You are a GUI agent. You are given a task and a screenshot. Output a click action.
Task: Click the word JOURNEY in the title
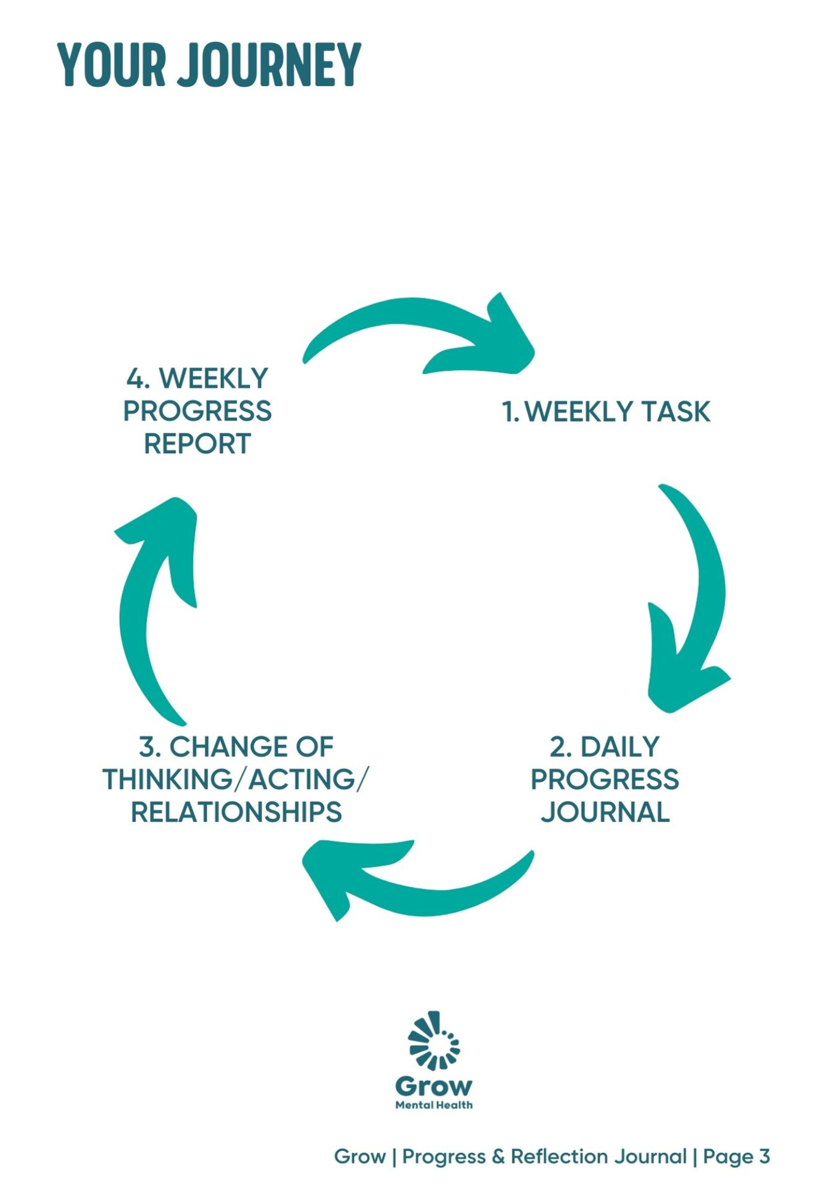coord(271,65)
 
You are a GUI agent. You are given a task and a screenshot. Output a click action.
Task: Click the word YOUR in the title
coord(112,65)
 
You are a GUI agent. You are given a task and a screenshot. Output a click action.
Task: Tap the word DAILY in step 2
coord(620,747)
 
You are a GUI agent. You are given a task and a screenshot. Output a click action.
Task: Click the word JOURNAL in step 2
coord(605,812)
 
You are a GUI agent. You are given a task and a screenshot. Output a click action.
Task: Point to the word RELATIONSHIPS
coord(236,812)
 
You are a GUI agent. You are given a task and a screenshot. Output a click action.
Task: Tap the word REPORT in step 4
coord(197,444)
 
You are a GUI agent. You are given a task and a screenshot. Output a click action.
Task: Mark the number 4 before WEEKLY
coord(136,379)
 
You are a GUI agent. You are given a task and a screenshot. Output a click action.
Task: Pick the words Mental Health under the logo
coord(434,1105)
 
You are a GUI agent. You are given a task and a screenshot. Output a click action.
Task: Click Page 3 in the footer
coord(736,1157)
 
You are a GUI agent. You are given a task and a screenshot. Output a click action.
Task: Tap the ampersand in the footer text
coord(498,1157)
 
